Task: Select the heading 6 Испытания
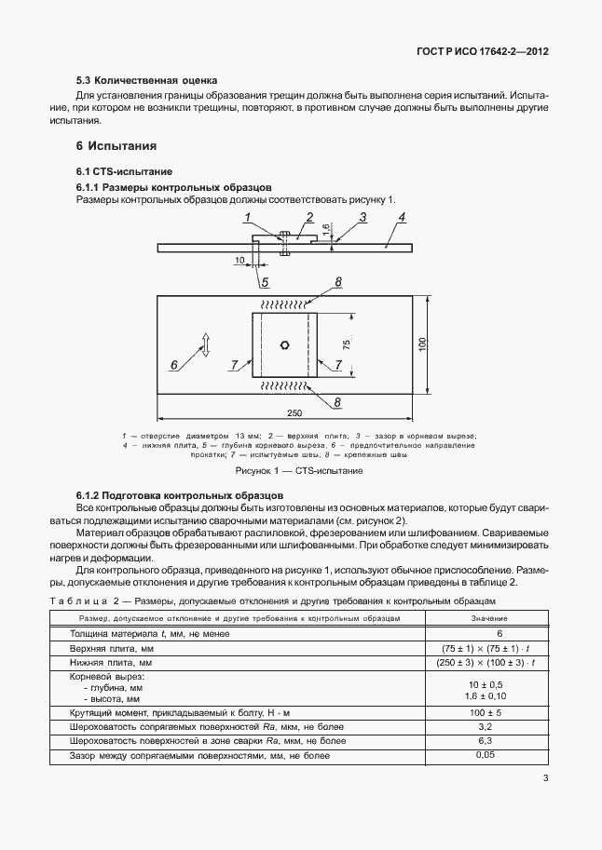pos(116,146)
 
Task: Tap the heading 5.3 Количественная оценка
pos(146,81)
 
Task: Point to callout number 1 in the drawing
pos(249,218)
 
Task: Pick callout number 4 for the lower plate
pos(402,218)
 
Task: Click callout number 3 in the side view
pos(362,218)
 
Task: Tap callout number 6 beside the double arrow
pos(174,364)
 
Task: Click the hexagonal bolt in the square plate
pos(285,344)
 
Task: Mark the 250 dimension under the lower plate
pos(294,412)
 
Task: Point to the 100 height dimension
pos(421,344)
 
